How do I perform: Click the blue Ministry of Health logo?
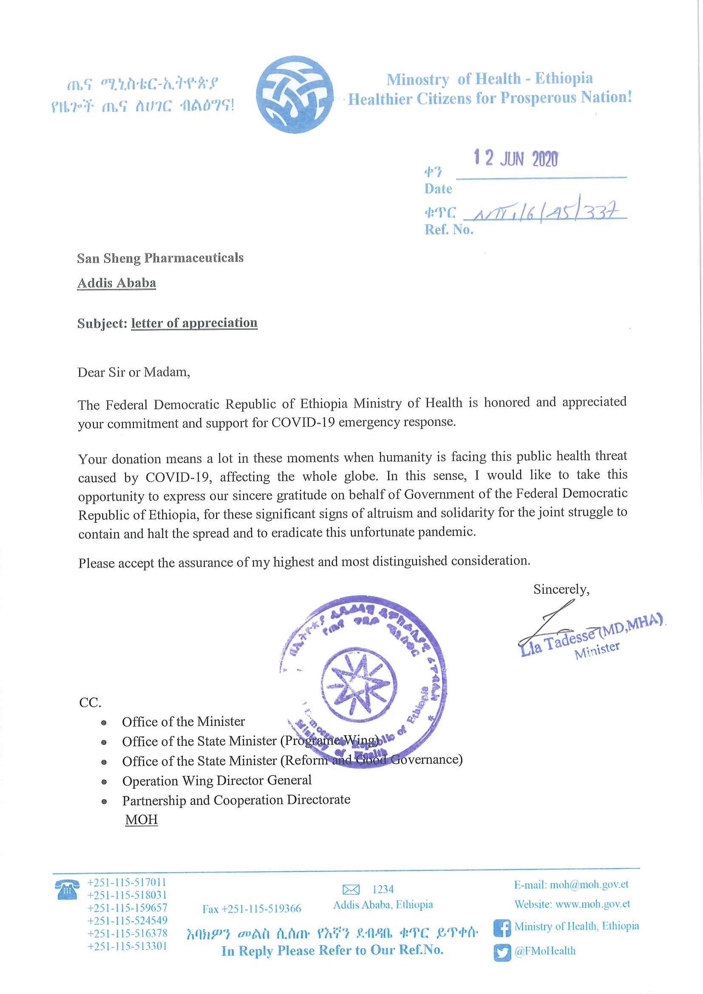pyautogui.click(x=295, y=94)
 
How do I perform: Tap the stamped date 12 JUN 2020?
pyautogui.click(x=516, y=158)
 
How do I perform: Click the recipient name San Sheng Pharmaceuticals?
pyautogui.click(x=160, y=258)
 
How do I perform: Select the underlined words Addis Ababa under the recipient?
pyautogui.click(x=116, y=283)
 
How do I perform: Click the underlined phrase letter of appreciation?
pyautogui.click(x=194, y=323)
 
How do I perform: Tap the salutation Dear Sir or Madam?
pyautogui.click(x=134, y=372)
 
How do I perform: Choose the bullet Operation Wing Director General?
pyautogui.click(x=216, y=780)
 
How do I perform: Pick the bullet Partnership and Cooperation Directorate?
pyautogui.click(x=236, y=800)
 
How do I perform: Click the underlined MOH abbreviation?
pyautogui.click(x=141, y=819)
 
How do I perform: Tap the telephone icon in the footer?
pyautogui.click(x=67, y=889)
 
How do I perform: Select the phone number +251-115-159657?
pyautogui.click(x=127, y=907)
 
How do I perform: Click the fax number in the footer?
pyautogui.click(x=252, y=908)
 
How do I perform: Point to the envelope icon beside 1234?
pyautogui.click(x=351, y=889)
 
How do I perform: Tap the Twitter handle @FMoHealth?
pyautogui.click(x=544, y=951)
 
